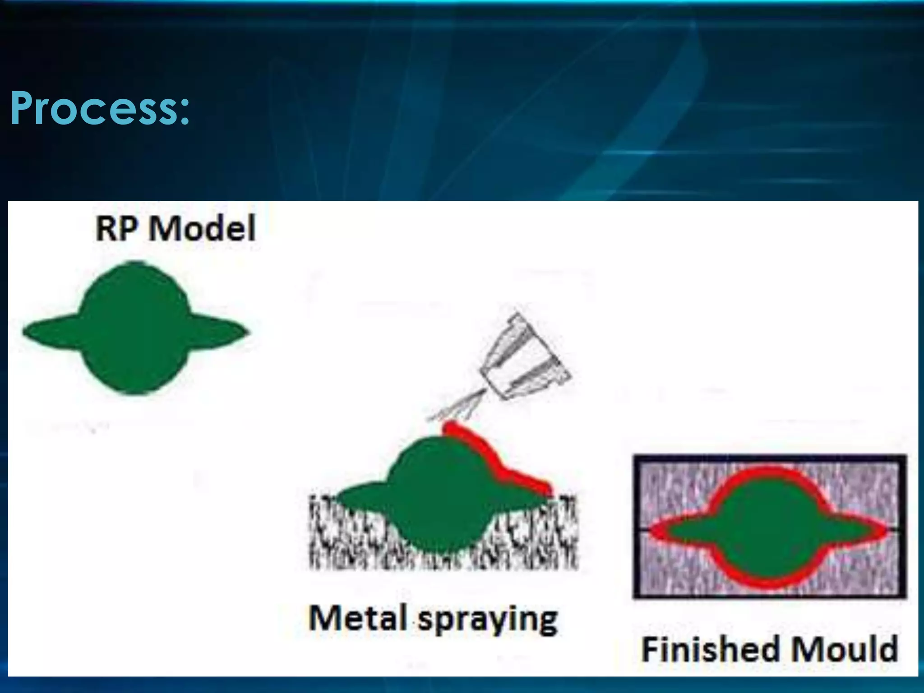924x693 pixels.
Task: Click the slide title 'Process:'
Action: tap(100, 108)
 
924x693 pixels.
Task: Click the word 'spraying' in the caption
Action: tap(487, 620)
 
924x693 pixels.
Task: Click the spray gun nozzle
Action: tap(523, 356)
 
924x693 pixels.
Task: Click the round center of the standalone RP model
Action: tap(135, 329)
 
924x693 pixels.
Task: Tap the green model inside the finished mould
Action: tap(767, 528)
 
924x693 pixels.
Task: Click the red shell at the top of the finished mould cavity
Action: tap(767, 474)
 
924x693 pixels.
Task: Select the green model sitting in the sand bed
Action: tap(433, 496)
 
